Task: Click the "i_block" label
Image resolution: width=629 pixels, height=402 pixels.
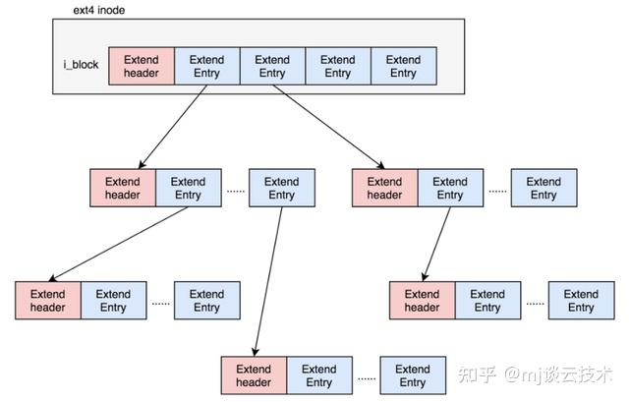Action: [x=81, y=66]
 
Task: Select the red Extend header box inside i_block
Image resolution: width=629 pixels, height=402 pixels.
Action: [x=141, y=66]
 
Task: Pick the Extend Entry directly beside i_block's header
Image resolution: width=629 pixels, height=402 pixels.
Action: [x=206, y=66]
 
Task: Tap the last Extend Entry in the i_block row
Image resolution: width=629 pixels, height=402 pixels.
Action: [x=403, y=66]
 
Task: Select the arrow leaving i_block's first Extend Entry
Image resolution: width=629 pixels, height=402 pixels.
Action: [x=174, y=126]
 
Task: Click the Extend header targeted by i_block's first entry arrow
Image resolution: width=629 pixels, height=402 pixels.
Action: [x=122, y=188]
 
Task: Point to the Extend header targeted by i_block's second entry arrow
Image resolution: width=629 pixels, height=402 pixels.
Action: [x=384, y=188]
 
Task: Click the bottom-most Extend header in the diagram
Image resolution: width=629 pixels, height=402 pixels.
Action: [x=254, y=375]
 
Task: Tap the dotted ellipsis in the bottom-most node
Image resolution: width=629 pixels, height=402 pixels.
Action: [x=366, y=377]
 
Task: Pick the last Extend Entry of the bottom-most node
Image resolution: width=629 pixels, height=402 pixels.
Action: [x=413, y=375]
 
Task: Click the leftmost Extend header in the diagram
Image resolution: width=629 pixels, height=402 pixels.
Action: [x=47, y=300]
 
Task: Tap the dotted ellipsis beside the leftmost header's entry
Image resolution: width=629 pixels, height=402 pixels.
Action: [x=160, y=303]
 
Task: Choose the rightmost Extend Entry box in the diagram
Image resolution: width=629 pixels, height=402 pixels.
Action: [x=581, y=300]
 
